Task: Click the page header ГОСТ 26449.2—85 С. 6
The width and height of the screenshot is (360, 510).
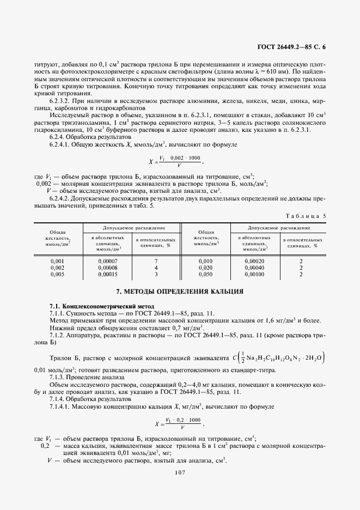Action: pyautogui.click(x=291, y=48)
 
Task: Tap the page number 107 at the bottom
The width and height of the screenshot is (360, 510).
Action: pyautogui.click(x=180, y=472)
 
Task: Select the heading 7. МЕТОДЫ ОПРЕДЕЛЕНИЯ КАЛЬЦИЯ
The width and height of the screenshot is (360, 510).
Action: pyautogui.click(x=180, y=292)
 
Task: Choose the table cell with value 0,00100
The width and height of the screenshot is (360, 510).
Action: pyautogui.click(x=254, y=274)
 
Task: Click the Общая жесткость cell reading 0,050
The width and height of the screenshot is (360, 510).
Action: pyautogui.click(x=206, y=274)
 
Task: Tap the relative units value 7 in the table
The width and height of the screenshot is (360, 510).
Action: pyautogui.click(x=156, y=262)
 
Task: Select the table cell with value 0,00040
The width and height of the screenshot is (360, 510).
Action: pyautogui.click(x=254, y=268)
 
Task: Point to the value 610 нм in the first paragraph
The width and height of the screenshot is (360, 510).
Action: pyautogui.click(x=278, y=72)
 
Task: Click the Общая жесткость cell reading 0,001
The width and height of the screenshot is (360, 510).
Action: pyautogui.click(x=57, y=262)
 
